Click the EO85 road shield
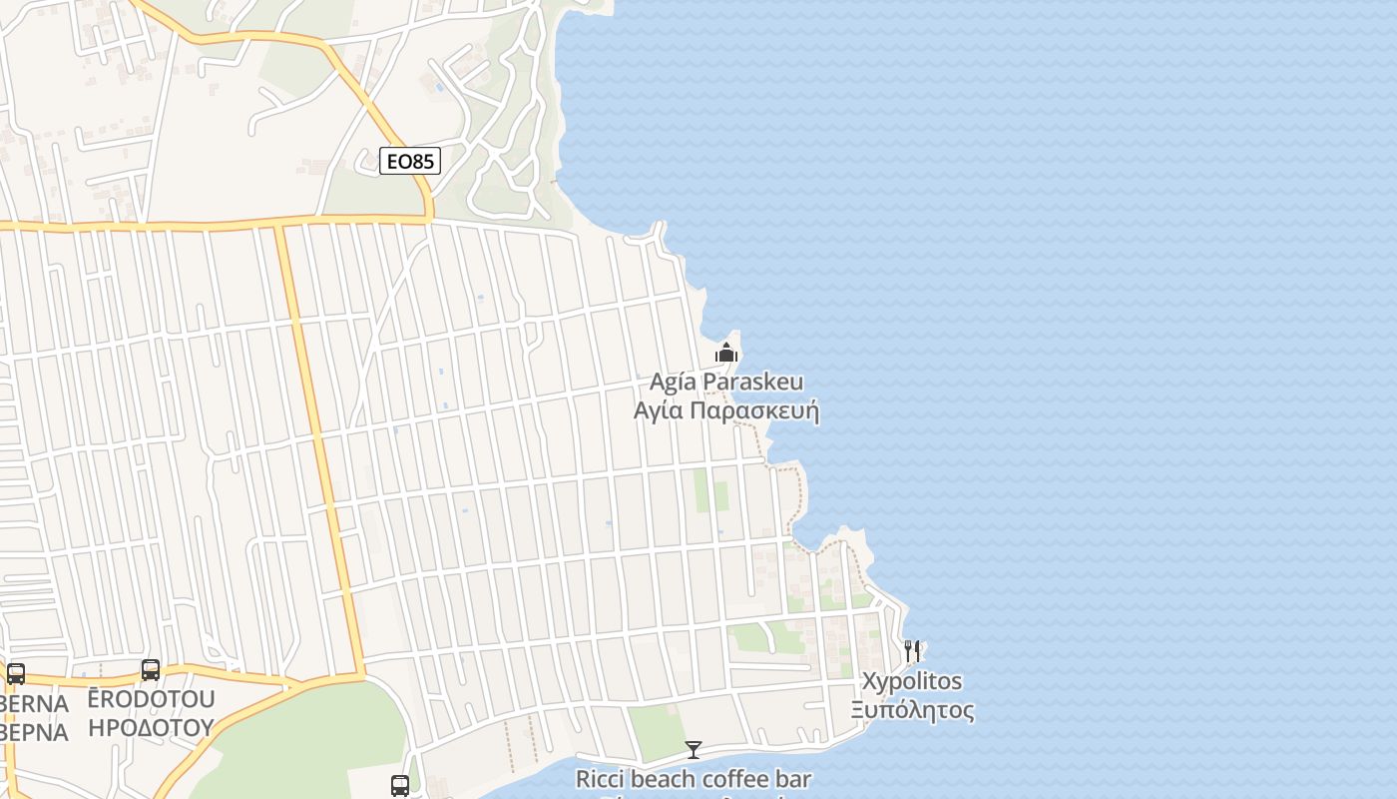[x=410, y=161]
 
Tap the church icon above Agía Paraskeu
[x=726, y=353]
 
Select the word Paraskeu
[x=753, y=383]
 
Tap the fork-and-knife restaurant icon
[x=912, y=651]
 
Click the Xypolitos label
[x=912, y=681]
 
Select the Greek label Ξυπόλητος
[x=912, y=710]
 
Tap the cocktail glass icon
[x=694, y=749]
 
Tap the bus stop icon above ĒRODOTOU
[x=151, y=670]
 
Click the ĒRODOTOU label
[x=151, y=698]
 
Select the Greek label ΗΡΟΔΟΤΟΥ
[x=151, y=727]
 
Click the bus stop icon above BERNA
[x=16, y=674]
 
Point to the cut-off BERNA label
[x=34, y=703]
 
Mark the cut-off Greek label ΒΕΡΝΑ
[x=34, y=732]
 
